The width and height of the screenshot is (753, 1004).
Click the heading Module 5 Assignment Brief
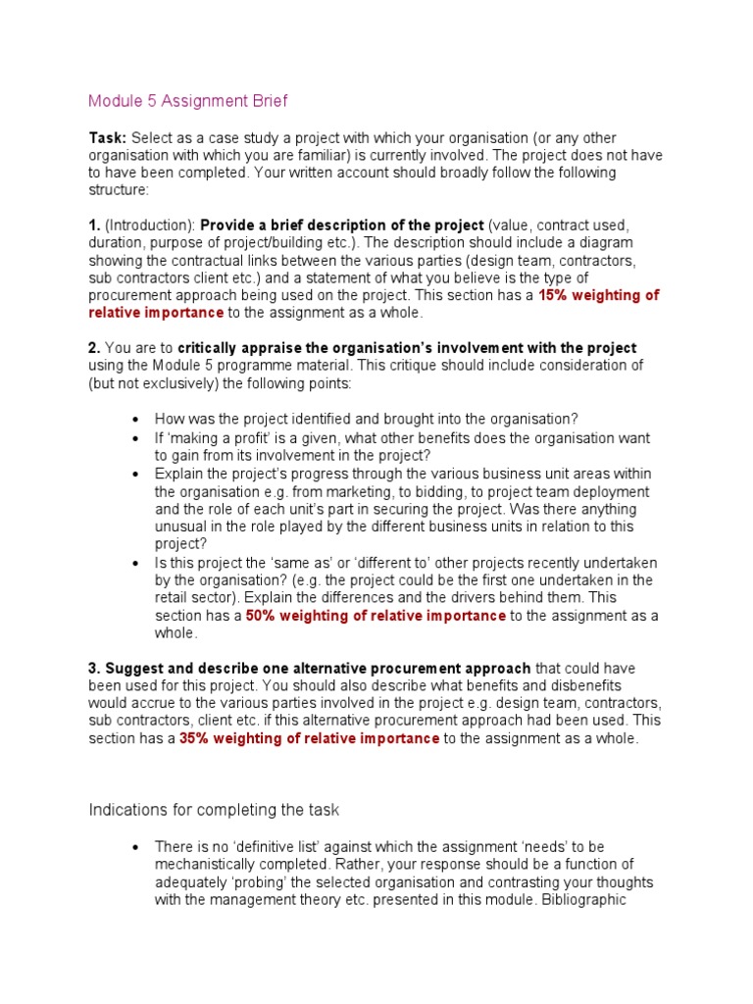(188, 101)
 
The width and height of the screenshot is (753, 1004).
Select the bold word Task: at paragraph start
(108, 138)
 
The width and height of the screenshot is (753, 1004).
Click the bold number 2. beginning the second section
(94, 348)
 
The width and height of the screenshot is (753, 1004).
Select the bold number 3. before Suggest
(94, 668)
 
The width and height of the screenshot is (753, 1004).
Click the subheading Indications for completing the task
(214, 810)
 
